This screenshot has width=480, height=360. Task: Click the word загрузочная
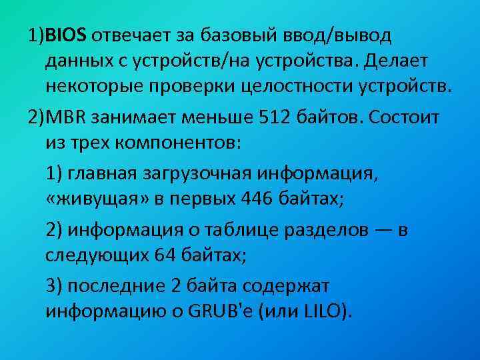[203, 175]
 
